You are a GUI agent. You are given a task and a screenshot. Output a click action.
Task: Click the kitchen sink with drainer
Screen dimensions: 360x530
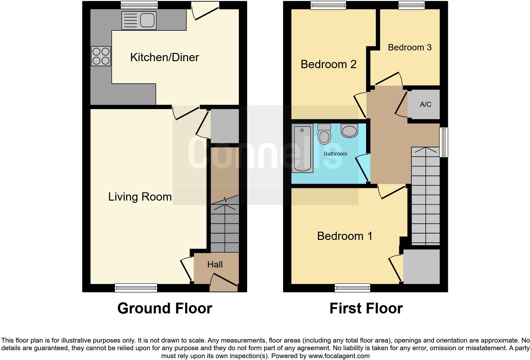(139, 21)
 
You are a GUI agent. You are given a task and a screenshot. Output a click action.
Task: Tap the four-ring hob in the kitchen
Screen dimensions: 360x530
(101, 56)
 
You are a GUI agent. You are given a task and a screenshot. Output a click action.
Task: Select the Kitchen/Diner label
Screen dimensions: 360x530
(165, 57)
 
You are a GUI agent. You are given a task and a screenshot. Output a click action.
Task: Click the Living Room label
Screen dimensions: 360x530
(140, 197)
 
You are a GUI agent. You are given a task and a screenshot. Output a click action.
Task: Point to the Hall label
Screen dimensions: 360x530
(215, 265)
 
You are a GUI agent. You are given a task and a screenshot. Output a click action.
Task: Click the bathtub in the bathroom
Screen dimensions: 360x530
(302, 148)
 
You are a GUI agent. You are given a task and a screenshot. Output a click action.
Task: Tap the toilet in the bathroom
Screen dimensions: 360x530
(324, 134)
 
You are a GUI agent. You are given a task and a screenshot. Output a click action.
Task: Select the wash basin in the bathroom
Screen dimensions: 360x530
(349, 130)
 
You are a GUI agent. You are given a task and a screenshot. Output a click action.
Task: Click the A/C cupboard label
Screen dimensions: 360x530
(425, 105)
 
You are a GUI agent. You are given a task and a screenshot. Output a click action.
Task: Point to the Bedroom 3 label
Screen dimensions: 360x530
(410, 48)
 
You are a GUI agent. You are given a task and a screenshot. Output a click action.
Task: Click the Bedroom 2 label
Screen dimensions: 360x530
(328, 64)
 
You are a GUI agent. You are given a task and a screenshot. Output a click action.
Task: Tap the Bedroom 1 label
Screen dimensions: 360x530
(345, 236)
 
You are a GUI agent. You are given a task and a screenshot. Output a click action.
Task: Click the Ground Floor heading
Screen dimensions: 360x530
(165, 308)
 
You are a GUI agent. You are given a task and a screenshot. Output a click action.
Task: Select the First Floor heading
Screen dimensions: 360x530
(366, 308)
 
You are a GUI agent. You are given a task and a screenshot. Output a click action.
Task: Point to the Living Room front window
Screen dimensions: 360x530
(136, 288)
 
